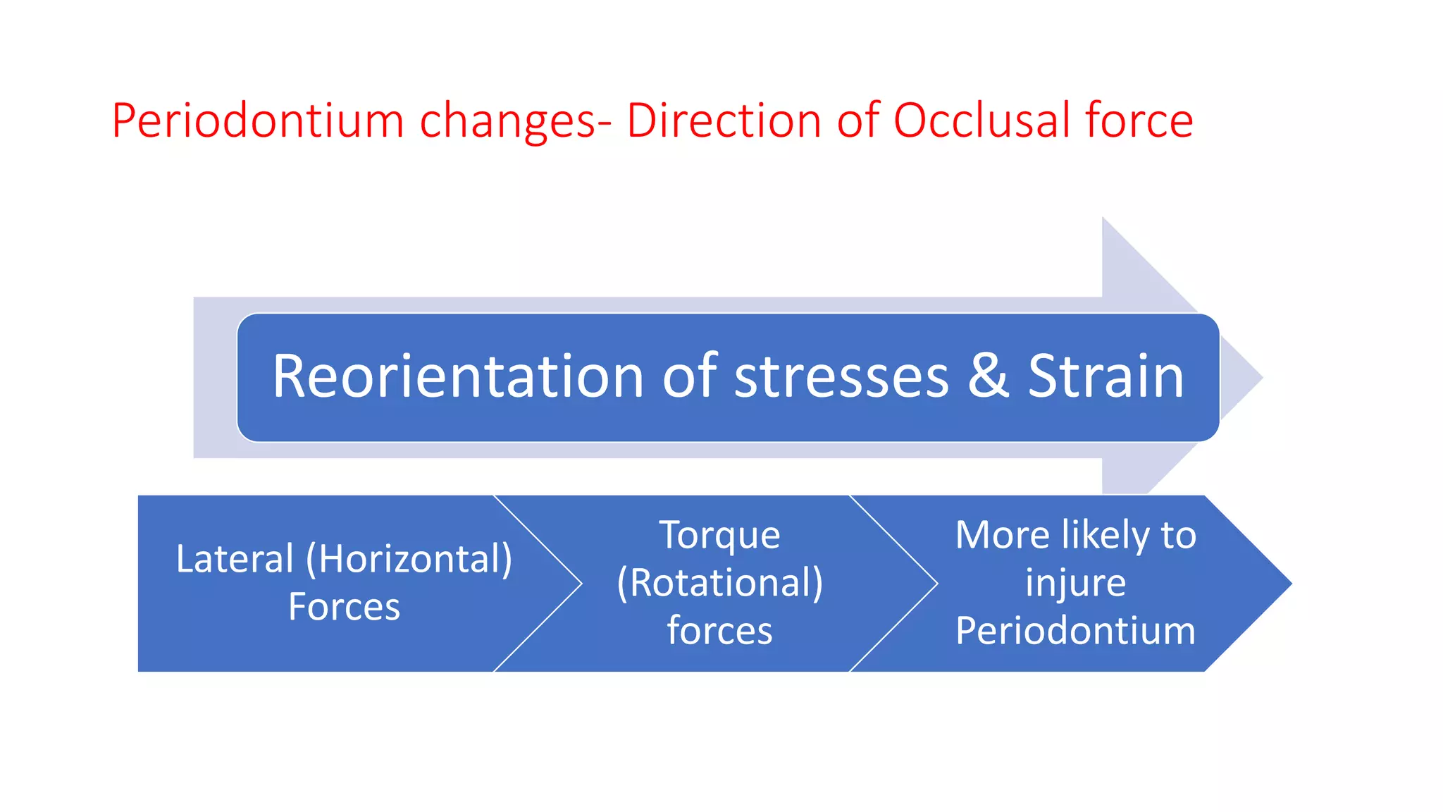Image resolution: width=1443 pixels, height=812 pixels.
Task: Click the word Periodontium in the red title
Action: coord(257,121)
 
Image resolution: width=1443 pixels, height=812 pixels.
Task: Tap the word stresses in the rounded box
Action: coord(841,378)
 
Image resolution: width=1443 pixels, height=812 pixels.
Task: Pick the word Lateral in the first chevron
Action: coord(234,559)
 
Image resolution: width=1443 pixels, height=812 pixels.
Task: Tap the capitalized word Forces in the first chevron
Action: coord(344,607)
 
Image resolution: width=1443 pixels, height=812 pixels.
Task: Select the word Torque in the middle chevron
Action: coord(719,535)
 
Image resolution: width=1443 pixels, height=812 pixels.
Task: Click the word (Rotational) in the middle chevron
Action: coord(719,583)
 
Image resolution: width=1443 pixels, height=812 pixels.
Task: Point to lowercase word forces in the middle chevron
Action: coord(719,630)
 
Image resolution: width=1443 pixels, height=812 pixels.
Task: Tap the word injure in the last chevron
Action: coord(1075,583)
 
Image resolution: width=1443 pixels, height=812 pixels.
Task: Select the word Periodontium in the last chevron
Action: coord(1075,630)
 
